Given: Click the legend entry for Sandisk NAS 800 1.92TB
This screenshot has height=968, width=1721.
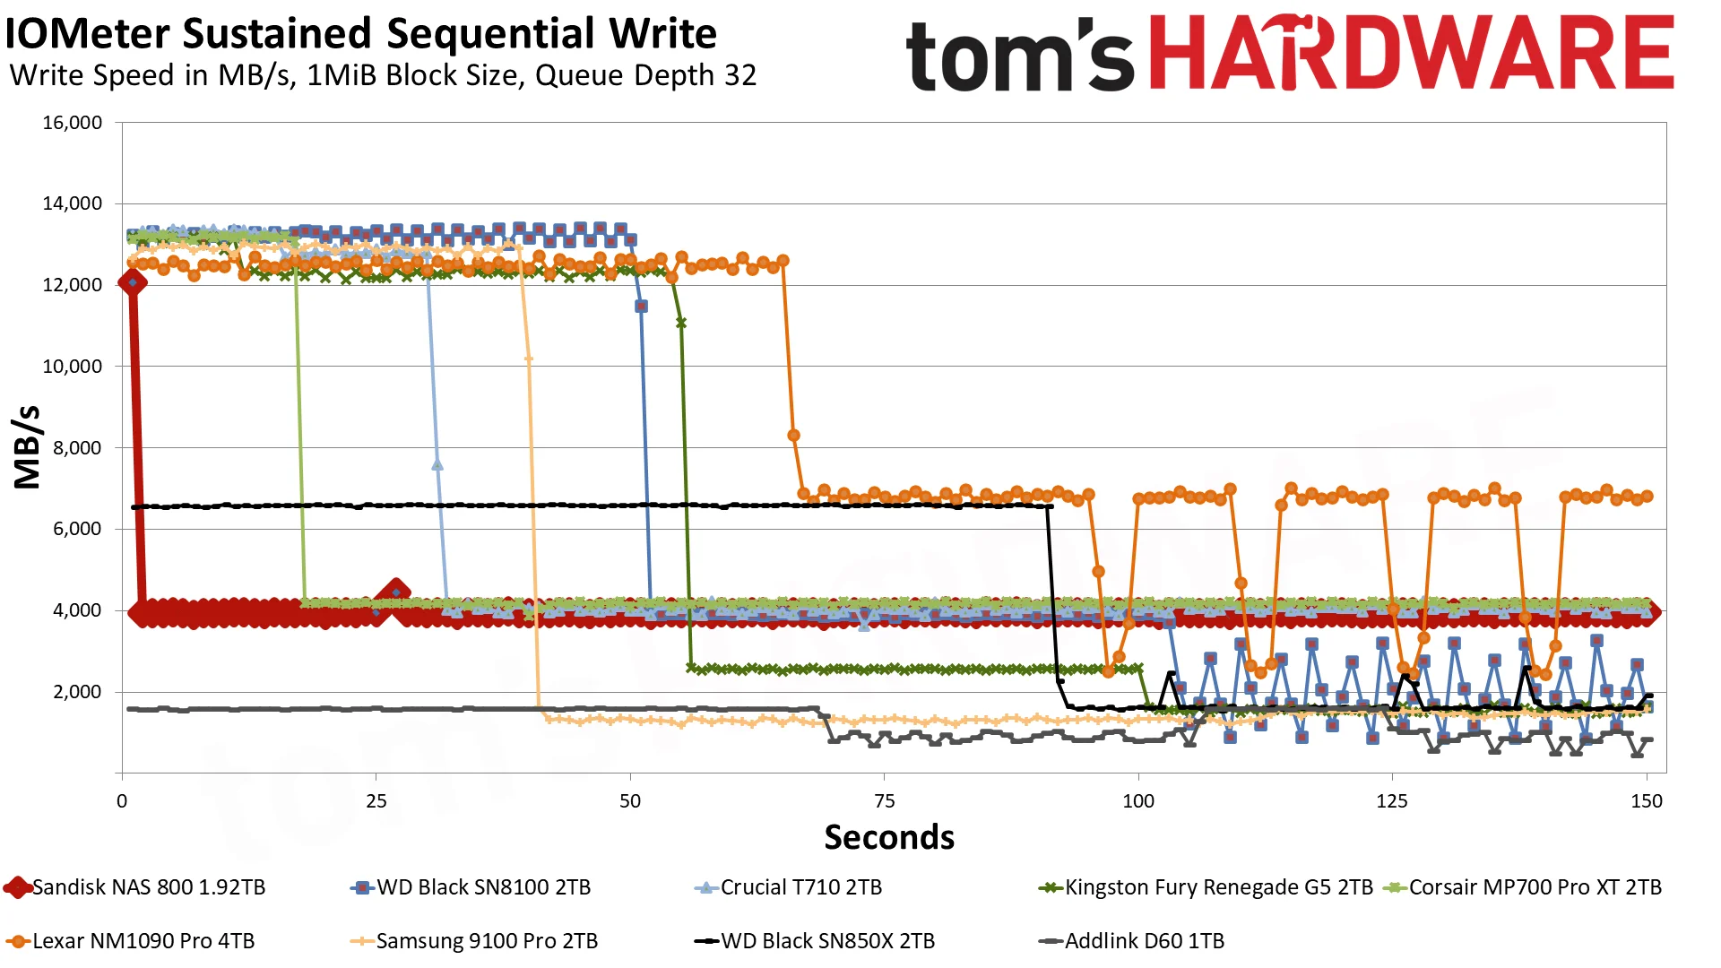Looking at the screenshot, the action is [135, 887].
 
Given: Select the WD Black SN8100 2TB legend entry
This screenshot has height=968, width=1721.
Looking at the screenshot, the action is [471, 887].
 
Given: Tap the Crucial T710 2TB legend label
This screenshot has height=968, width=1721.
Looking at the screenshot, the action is [789, 887].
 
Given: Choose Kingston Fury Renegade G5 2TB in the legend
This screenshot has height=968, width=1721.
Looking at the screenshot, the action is [1206, 887].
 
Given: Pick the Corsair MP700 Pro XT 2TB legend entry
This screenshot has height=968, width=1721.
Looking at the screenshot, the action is [1523, 887].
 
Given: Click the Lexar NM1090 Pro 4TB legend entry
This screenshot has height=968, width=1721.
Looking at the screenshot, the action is [131, 941].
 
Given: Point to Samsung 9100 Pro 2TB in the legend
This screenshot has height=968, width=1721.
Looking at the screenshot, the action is [474, 941].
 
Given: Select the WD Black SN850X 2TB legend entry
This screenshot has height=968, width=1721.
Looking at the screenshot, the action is [815, 941].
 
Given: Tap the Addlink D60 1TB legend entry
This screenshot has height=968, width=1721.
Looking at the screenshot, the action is [1131, 941].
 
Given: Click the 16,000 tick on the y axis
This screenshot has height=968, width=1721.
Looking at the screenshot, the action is [73, 123].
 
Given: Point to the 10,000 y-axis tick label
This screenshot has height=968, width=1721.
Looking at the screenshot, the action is [73, 367].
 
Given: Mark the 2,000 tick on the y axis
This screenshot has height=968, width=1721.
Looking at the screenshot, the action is [78, 692].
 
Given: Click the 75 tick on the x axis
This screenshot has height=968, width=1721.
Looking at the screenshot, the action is [884, 801].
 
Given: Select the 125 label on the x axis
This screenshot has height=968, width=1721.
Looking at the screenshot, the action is [1392, 801].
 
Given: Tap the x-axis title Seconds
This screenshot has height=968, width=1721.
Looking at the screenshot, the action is [889, 837].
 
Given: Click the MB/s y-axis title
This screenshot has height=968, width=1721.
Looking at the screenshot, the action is [28, 447].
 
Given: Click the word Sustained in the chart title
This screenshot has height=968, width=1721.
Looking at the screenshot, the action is [276, 34].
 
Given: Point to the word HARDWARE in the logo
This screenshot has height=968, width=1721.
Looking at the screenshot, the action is [1412, 53].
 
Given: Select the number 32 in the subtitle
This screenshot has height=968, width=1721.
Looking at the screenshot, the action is [740, 75].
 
